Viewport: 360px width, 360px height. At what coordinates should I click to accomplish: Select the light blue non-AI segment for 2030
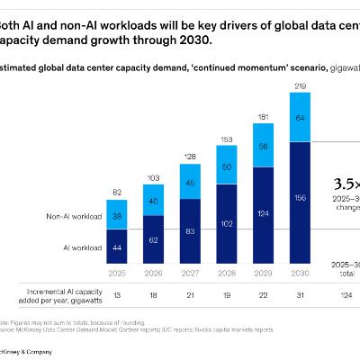click(302, 117)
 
